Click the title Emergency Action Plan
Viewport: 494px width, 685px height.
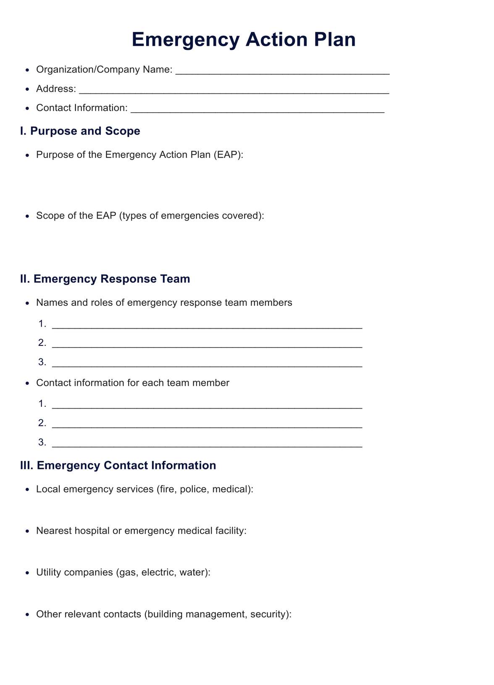pyautogui.click(x=244, y=40)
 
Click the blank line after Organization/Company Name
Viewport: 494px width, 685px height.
pyautogui.click(x=282, y=71)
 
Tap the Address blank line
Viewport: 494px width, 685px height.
pyautogui.click(x=234, y=90)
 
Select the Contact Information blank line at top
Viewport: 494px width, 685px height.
pyautogui.click(x=257, y=109)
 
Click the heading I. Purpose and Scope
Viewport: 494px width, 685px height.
pyautogui.click(x=80, y=131)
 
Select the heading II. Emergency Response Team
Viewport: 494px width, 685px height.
pyautogui.click(x=105, y=279)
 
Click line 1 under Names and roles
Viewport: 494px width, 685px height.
pyautogui.click(x=207, y=325)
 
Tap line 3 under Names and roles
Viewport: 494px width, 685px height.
pyautogui.click(x=207, y=363)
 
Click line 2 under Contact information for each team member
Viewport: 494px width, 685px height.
pyautogui.click(x=207, y=424)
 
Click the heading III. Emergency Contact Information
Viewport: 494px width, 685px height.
pyautogui.click(x=118, y=466)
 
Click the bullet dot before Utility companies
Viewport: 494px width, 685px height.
pyautogui.click(x=27, y=573)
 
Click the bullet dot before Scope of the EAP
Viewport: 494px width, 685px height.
pyautogui.click(x=27, y=216)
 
